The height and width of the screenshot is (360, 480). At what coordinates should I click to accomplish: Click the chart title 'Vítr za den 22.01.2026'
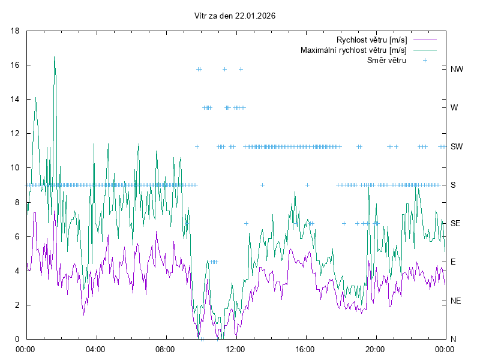[235, 16]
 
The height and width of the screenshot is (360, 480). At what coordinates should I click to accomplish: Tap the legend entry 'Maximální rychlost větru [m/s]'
[353, 50]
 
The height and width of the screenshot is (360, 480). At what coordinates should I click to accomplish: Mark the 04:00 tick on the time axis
[95, 349]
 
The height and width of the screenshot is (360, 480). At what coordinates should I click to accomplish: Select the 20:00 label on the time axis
[376, 349]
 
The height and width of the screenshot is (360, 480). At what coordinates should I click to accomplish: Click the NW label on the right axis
[457, 69]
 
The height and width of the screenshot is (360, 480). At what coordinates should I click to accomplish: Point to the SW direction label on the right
[457, 146]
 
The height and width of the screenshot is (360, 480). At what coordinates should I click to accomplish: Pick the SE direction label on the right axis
[455, 223]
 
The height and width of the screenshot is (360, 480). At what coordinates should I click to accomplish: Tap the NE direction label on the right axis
[455, 301]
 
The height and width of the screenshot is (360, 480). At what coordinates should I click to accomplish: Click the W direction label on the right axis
[454, 108]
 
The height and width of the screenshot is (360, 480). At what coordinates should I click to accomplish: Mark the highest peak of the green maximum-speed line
[55, 57]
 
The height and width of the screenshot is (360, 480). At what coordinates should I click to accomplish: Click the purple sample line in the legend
[425, 40]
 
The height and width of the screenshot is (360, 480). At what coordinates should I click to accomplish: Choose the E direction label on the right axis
[453, 262]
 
